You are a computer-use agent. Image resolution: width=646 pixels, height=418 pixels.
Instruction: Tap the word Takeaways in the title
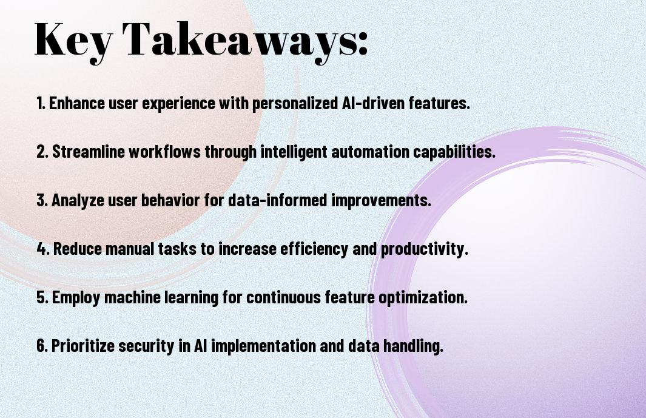point(238,41)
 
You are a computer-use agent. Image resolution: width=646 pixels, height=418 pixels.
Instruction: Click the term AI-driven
point(373,103)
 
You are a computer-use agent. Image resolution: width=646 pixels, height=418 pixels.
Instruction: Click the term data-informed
point(278,200)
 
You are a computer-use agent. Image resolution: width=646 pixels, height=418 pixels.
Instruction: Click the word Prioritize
point(83,346)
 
